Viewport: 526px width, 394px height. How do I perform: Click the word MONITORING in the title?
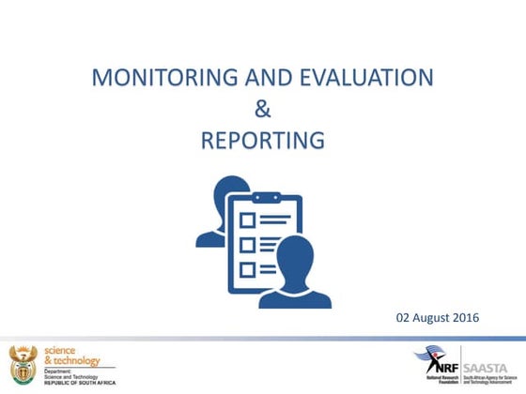point(149,77)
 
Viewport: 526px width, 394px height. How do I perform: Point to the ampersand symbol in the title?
point(263,109)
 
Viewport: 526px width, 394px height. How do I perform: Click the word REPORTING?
point(263,141)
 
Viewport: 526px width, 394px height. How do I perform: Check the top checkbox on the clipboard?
point(248,220)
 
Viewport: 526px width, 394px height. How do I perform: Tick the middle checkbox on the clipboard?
point(248,244)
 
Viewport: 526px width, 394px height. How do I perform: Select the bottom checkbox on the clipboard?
point(248,268)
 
